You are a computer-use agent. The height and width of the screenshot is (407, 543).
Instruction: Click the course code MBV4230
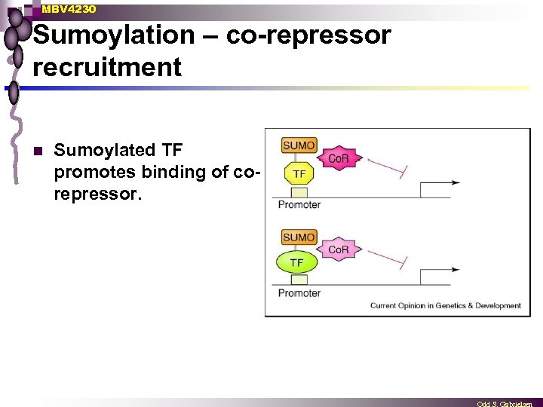click(69, 9)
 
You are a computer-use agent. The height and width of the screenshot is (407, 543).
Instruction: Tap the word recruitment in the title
click(107, 67)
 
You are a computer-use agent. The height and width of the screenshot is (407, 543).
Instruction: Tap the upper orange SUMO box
click(299, 145)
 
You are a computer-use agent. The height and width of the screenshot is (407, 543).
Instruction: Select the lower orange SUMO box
click(299, 237)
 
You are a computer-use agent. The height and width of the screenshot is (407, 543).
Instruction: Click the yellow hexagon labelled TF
click(299, 173)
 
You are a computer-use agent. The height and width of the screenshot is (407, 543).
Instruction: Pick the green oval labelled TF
click(297, 263)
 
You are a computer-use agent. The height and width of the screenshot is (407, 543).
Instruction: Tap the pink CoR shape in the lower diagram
click(338, 249)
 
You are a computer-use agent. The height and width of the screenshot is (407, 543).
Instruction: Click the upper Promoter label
click(299, 204)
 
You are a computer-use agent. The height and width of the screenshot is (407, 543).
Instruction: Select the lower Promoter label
click(299, 292)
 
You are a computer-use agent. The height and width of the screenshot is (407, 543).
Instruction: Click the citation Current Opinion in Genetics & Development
click(445, 305)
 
